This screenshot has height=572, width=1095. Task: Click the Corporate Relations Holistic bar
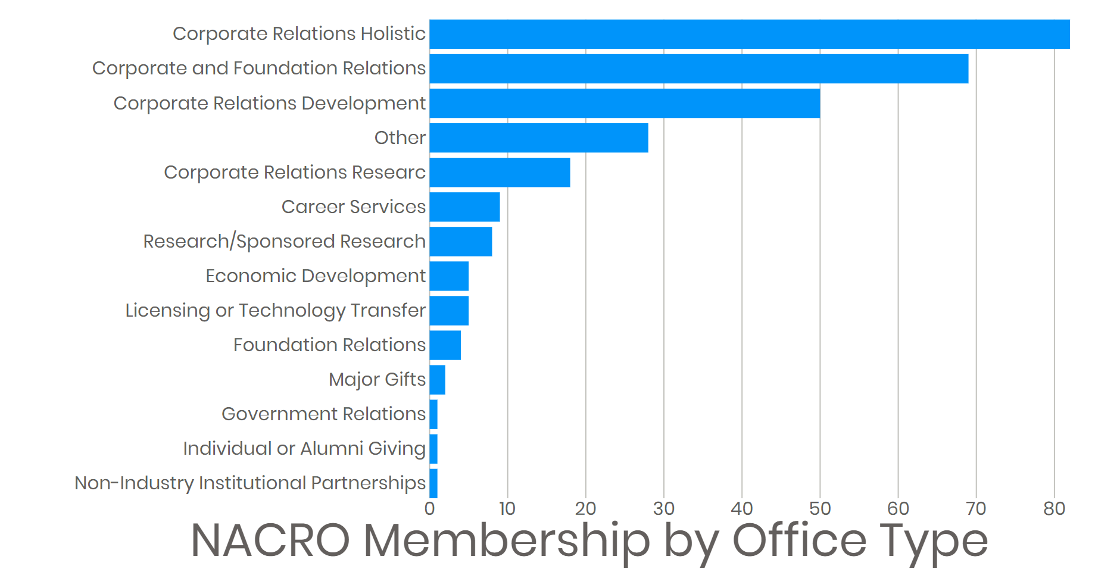pyautogui.click(x=749, y=34)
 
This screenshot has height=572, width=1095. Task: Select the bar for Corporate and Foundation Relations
pyautogui.click(x=698, y=68)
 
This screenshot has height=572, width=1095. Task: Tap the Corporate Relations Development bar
pyautogui.click(x=625, y=103)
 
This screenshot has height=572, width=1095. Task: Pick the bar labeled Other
pyautogui.click(x=538, y=137)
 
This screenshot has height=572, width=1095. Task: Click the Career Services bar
pyautogui.click(x=464, y=207)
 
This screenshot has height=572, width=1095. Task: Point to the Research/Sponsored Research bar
pyautogui.click(x=460, y=241)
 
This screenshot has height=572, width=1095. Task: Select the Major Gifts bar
pyautogui.click(x=437, y=379)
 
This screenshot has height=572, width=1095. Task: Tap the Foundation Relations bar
pyautogui.click(x=445, y=345)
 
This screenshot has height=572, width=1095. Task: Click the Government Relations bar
pyautogui.click(x=433, y=414)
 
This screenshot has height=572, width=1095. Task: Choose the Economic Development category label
pyautogui.click(x=316, y=276)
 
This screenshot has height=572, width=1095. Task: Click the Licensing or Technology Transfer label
pyautogui.click(x=275, y=311)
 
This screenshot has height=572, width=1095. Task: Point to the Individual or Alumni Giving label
pyautogui.click(x=304, y=449)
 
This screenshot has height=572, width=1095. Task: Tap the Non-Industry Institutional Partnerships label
pyautogui.click(x=250, y=483)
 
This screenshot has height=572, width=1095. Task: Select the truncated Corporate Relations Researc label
pyautogui.click(x=295, y=173)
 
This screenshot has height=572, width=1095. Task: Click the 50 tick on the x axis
pyautogui.click(x=820, y=508)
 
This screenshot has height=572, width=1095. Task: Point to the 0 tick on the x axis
pyautogui.click(x=429, y=508)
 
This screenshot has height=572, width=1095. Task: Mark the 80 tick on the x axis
pyautogui.click(x=1054, y=508)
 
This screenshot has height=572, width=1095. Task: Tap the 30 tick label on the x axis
pyautogui.click(x=663, y=508)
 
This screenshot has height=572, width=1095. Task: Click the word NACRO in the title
pyautogui.click(x=270, y=540)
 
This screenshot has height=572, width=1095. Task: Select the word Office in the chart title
pyautogui.click(x=799, y=540)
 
